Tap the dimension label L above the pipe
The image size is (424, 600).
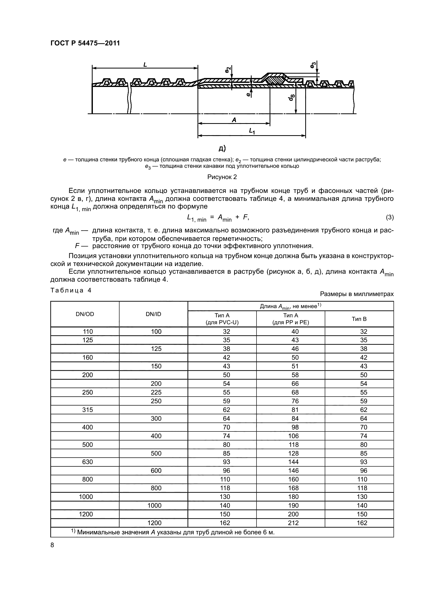pyautogui.click(x=145, y=64)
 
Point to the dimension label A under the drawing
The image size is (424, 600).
pyautogui.click(x=234, y=120)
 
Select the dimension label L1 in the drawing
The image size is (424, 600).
pyautogui.click(x=252, y=131)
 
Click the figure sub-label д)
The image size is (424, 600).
pyautogui.click(x=222, y=149)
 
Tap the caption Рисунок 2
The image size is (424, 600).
pyautogui.click(x=222, y=177)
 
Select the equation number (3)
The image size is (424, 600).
pyautogui.click(x=390, y=217)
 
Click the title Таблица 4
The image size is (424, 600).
pyautogui.click(x=71, y=290)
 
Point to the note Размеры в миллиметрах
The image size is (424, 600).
pyautogui.click(x=357, y=294)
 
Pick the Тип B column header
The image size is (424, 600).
pyautogui.click(x=359, y=319)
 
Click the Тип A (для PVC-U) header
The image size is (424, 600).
pyautogui.click(x=222, y=319)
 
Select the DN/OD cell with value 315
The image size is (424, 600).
pyautogui.click(x=87, y=410)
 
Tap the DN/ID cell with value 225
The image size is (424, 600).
pyautogui.click(x=156, y=392)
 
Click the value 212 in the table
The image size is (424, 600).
pyautogui.click(x=293, y=523)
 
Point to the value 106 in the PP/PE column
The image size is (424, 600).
pyautogui.click(x=293, y=436)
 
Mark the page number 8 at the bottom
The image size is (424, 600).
pyautogui.click(x=52, y=545)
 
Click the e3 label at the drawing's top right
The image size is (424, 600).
pyautogui.click(x=313, y=65)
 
